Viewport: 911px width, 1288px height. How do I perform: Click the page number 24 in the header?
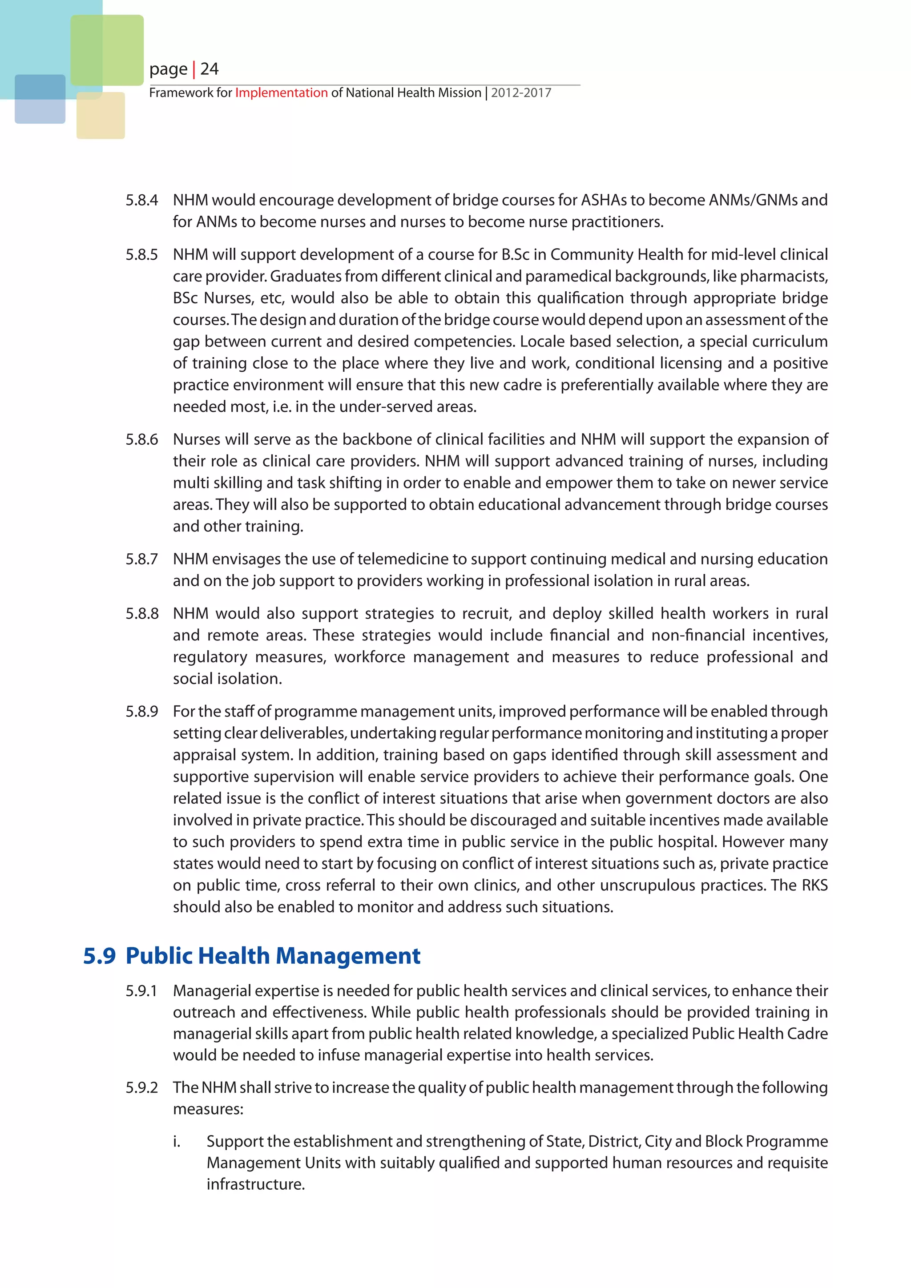(x=209, y=69)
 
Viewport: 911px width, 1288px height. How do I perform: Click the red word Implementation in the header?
(x=281, y=93)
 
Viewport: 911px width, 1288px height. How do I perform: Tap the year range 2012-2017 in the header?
(x=521, y=93)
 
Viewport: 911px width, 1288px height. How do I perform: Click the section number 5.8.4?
(x=141, y=200)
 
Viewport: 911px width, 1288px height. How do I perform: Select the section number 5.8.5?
(x=141, y=255)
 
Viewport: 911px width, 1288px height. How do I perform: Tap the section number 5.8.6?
(x=141, y=439)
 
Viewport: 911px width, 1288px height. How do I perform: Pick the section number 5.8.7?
(x=141, y=559)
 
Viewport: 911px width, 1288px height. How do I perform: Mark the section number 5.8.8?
(x=141, y=614)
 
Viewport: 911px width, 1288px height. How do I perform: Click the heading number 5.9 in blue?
(x=99, y=956)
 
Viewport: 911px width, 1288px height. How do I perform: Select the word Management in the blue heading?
(x=348, y=956)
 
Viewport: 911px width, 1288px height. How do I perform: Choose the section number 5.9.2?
(x=141, y=1088)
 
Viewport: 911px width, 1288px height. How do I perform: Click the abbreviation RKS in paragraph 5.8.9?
(x=814, y=885)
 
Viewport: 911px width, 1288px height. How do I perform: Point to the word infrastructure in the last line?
(x=255, y=1185)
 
